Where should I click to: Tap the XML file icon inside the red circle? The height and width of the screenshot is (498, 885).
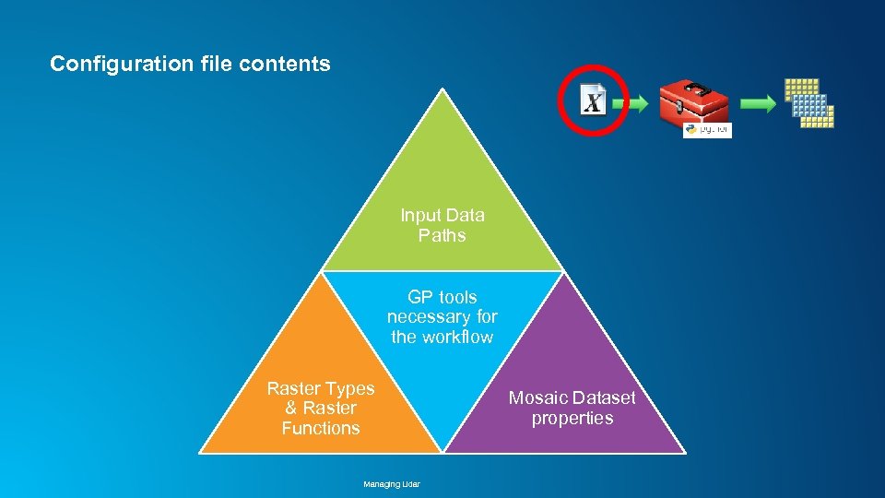pos(593,100)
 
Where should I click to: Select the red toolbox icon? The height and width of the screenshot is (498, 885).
pos(694,103)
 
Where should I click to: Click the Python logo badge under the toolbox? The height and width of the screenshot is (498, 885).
pos(707,130)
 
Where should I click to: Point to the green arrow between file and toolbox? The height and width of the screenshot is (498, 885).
pos(635,104)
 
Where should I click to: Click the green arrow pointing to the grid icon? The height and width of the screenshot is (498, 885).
pos(759,104)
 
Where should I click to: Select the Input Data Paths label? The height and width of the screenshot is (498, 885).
pos(442,225)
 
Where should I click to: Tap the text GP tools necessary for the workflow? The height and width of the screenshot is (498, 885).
pos(442,316)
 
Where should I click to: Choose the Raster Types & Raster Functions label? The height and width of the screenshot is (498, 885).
pos(321,408)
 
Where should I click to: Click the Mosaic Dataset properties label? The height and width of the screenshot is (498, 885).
pos(572,408)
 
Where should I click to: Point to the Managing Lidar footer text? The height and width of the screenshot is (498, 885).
pos(392,483)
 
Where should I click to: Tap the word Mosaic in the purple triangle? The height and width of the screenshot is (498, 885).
pos(538,397)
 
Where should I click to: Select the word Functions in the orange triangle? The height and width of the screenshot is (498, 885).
pos(321,428)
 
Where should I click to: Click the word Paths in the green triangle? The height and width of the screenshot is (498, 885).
pos(442,235)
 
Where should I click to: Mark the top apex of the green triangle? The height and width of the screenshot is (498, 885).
pos(443,89)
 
